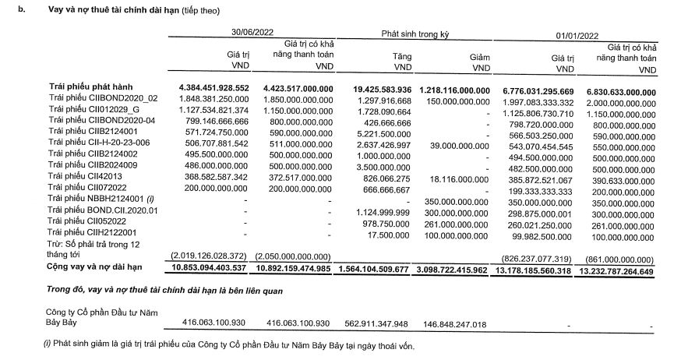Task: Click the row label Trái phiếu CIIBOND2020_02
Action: (x=103, y=99)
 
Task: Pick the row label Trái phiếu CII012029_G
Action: (x=97, y=110)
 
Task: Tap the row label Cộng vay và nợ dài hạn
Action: (x=96, y=266)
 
